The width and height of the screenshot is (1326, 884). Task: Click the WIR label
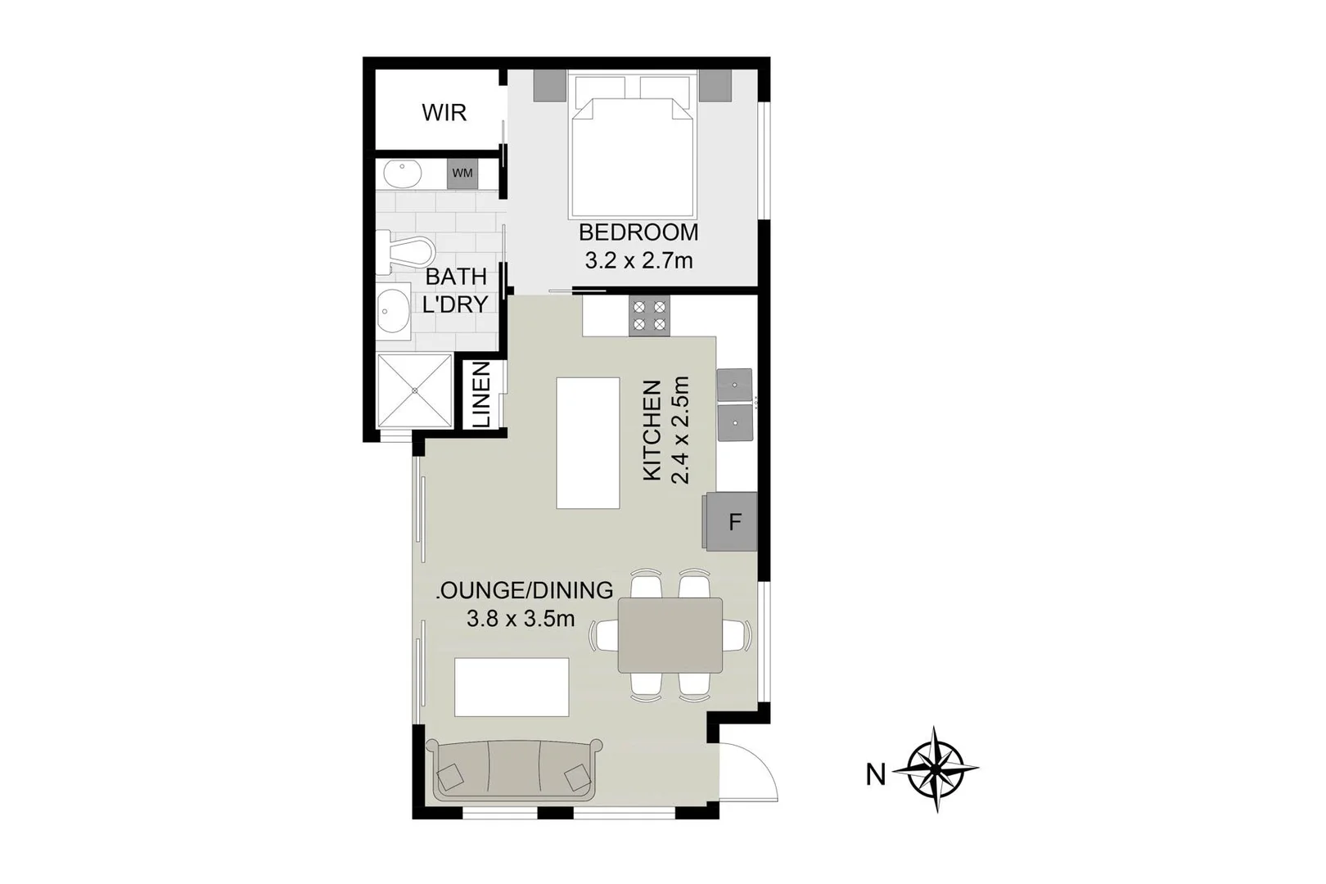coord(444,112)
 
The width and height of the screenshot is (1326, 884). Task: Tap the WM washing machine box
coord(462,174)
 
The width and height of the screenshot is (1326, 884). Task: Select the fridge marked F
coord(734,521)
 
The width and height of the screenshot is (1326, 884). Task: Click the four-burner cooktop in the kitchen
coord(649,316)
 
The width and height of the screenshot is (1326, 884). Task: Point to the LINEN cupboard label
coord(481,395)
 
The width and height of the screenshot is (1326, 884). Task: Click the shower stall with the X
coord(414,390)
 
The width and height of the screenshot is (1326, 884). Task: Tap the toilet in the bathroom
coord(401,252)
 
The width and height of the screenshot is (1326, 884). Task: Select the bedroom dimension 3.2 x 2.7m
coord(638,261)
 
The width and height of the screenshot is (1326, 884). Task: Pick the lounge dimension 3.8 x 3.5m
coord(521,619)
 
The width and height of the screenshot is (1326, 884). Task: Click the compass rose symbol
coord(936,769)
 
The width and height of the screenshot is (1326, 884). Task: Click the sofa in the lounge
coord(514,771)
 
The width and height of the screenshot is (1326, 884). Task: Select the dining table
coord(670,635)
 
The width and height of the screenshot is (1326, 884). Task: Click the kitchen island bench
coord(588,443)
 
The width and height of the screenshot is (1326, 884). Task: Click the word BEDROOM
coord(638,232)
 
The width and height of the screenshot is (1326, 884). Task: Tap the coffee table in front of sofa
coord(512,687)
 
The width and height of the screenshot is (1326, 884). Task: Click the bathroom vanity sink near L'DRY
coord(395,312)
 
